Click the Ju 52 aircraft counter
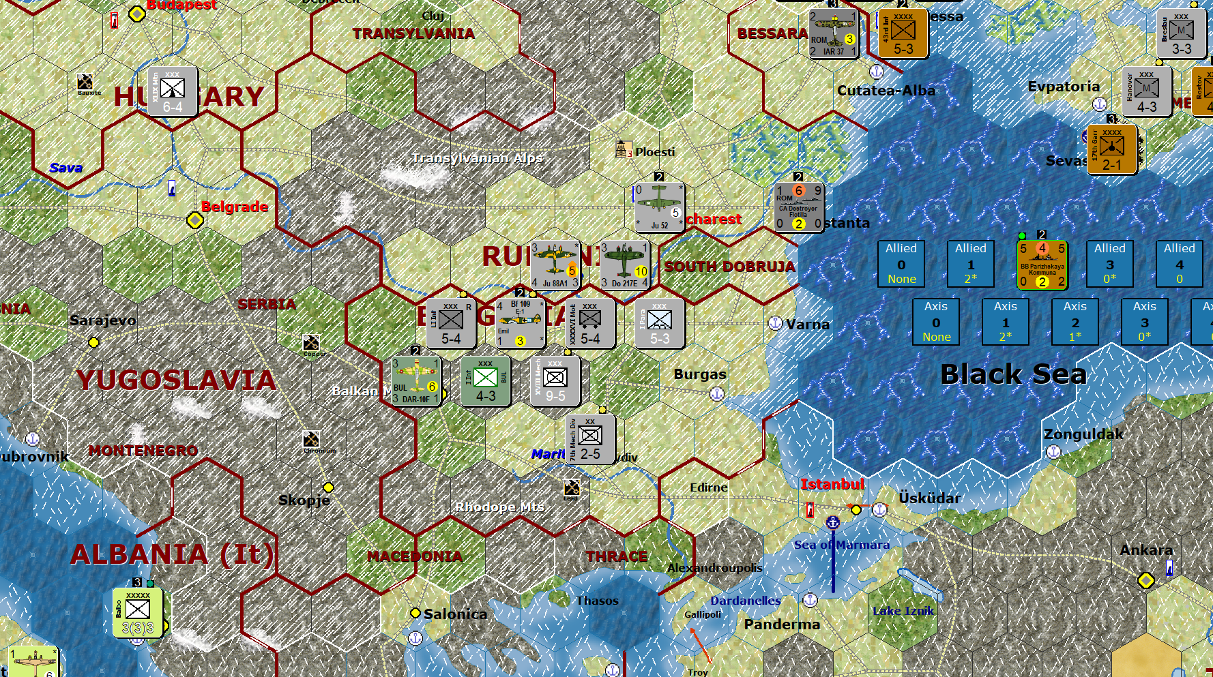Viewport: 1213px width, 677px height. coord(659,207)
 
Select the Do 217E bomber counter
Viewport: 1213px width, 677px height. coord(624,265)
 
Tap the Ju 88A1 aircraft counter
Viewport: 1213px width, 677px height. coord(555,265)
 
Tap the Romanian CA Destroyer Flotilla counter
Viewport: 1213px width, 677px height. coord(798,207)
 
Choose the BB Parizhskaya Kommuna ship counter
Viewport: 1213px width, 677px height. coord(1042,265)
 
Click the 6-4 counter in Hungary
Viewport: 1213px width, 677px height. coord(173,91)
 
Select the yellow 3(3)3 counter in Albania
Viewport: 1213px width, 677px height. coord(138,612)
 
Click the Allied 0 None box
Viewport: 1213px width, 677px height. coord(901,263)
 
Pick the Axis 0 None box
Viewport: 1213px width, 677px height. coord(936,321)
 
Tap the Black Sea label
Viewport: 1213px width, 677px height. coord(1013,374)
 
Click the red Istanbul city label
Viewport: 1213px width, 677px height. coord(832,484)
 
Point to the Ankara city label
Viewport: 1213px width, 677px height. coord(1146,550)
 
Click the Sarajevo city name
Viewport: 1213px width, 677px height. coord(103,320)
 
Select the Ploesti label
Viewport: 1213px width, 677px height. coord(654,152)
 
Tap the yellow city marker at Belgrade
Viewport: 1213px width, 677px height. coord(195,220)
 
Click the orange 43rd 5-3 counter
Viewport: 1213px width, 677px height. coord(903,33)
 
